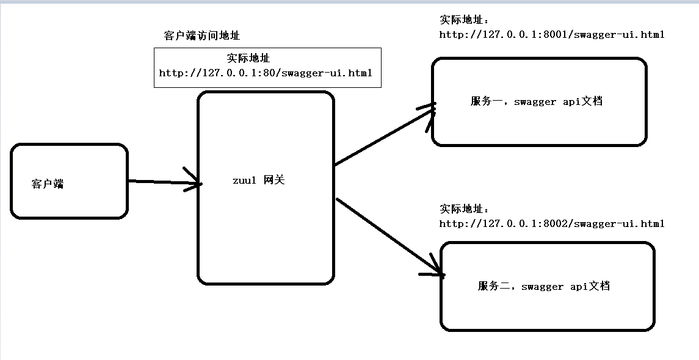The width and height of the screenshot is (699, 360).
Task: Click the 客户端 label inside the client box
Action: pos(48,184)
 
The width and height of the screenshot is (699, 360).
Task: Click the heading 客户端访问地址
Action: pos(202,36)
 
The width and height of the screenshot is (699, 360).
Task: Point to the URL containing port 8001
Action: pos(552,35)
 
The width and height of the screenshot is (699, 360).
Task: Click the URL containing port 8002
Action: pos(552,224)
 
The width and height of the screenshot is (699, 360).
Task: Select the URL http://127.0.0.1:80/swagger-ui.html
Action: pos(266,73)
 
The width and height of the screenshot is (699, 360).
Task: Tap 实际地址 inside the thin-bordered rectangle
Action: pos(248,59)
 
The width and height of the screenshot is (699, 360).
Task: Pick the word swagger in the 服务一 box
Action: pos(535,103)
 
